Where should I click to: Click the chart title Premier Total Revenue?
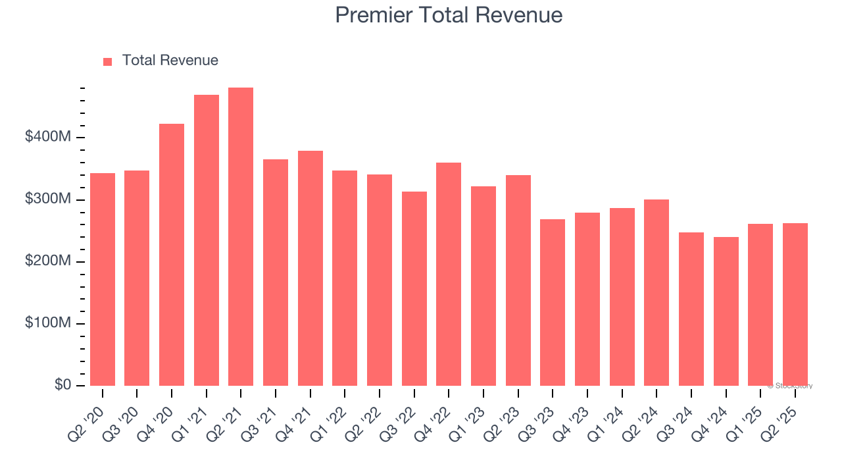(449, 15)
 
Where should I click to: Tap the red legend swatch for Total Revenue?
(108, 61)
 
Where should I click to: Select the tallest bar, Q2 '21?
(241, 236)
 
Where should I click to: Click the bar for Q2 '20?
(103, 279)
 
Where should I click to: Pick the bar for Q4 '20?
(172, 255)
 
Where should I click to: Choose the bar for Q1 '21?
(207, 240)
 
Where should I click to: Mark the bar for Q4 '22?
(449, 274)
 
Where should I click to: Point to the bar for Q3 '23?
(553, 302)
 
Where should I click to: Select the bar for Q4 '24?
(726, 311)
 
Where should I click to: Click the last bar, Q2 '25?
(795, 304)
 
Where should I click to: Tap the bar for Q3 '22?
(414, 288)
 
